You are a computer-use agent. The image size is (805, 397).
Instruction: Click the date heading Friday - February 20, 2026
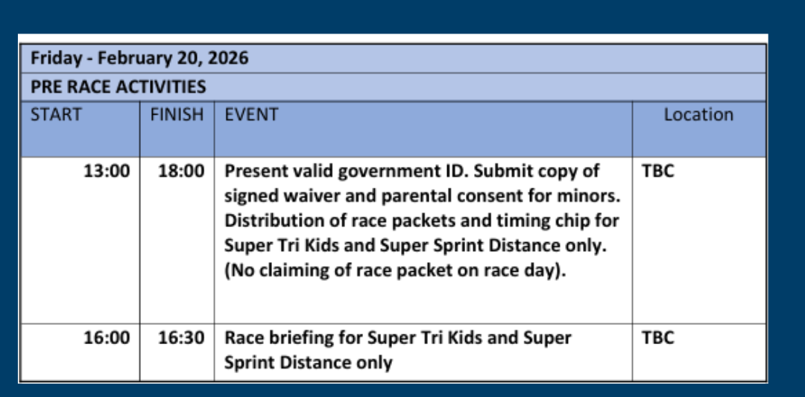139,58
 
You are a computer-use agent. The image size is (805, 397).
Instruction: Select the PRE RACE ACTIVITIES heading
118,86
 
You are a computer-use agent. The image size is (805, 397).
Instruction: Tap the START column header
56,115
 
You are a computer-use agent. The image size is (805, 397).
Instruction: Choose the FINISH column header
177,115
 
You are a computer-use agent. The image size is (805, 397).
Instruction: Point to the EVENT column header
252,115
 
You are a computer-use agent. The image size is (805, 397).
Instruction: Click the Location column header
698,115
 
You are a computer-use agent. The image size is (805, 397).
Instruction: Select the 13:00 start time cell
107,171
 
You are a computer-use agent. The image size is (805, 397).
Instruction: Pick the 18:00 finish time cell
180,171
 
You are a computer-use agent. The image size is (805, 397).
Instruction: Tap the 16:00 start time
107,338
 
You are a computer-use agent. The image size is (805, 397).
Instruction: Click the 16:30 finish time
180,338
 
